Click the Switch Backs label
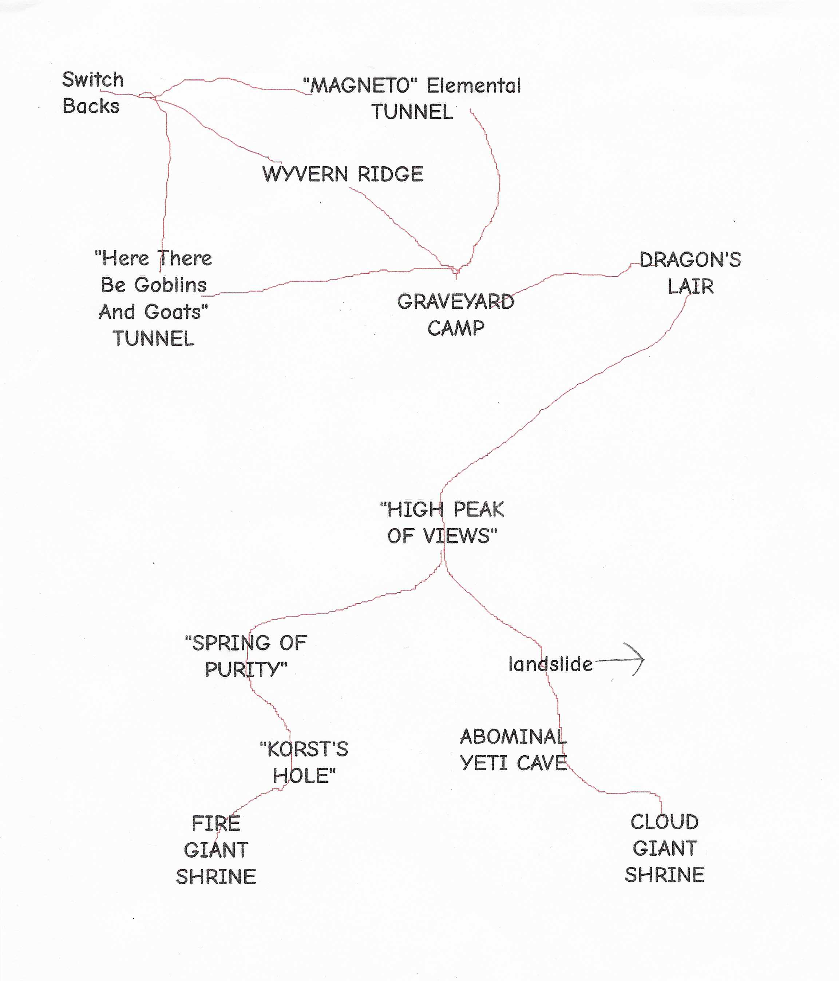pos(93,93)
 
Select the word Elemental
pos(474,86)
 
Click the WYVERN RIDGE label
pos(343,174)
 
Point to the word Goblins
pos(170,285)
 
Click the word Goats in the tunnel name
pos(176,312)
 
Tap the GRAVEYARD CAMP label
pos(455,315)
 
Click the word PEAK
pos(479,510)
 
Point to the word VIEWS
pos(460,536)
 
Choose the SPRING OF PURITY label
pos(246,656)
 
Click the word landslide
pos(551,664)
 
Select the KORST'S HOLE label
pos(304,762)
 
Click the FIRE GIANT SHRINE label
pos(216,850)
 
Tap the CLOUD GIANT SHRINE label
pos(665,848)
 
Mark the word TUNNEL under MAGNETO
pos(412,112)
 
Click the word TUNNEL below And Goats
pos(153,339)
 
